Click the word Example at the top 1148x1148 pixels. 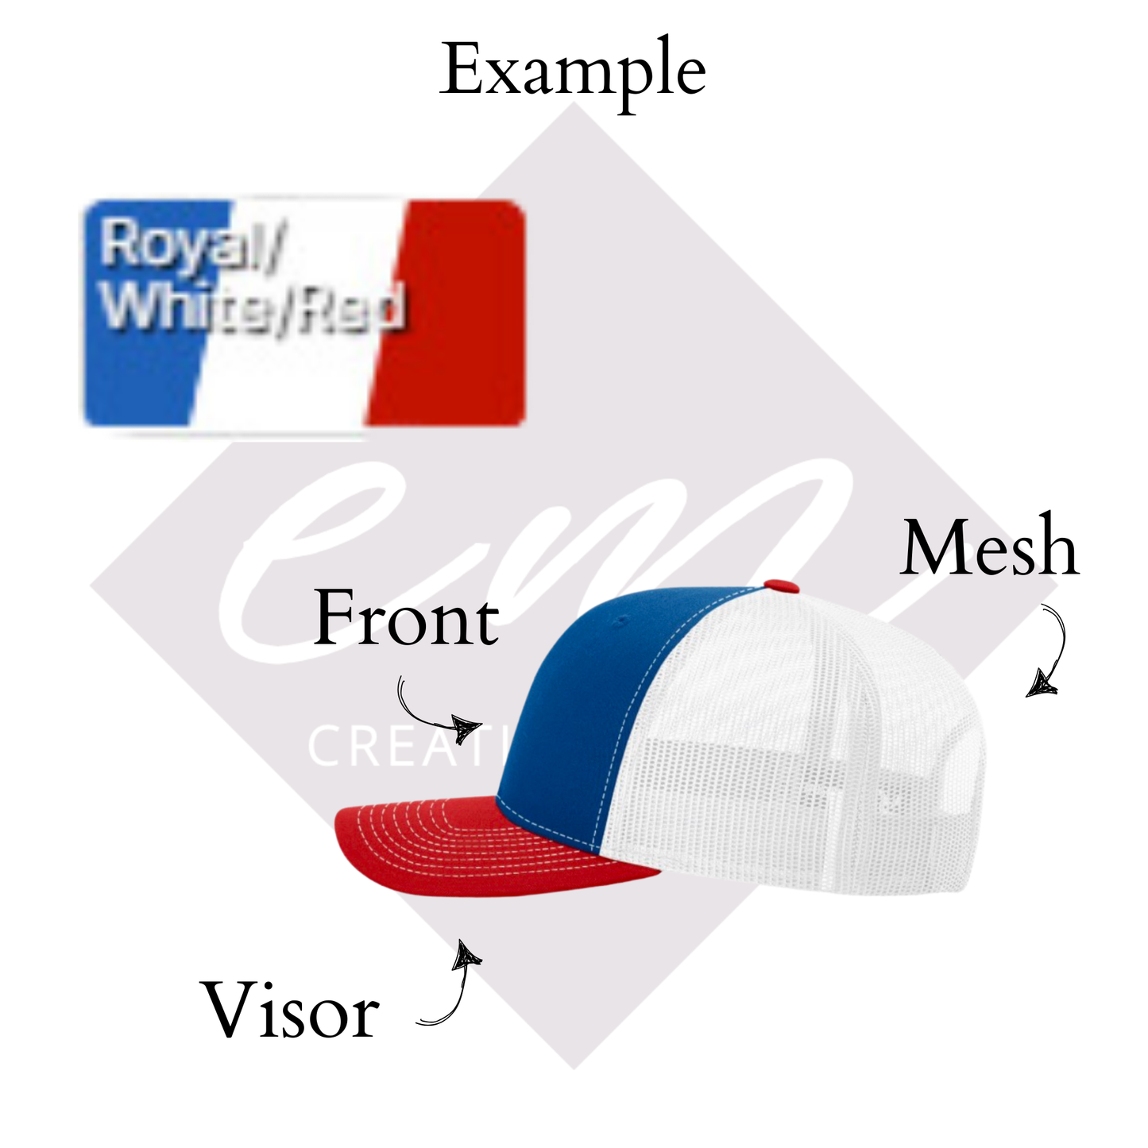coord(572,72)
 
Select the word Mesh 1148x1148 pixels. coord(990,548)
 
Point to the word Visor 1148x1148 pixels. coord(292,1011)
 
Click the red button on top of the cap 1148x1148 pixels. coord(782,586)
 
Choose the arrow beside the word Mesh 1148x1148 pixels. coord(1050,651)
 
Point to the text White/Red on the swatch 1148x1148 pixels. coord(254,306)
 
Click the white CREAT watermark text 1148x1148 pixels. coord(397,747)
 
